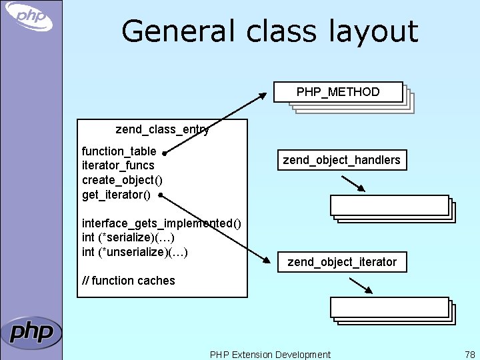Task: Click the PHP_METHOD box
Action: (338, 92)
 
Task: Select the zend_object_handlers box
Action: (341, 160)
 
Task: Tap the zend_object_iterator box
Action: (341, 262)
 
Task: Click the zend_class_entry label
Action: (162, 129)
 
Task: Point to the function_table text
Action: (119, 151)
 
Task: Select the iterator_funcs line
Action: (118, 165)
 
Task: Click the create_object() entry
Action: (122, 180)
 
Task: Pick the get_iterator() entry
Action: (116, 195)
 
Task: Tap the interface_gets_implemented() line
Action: (161, 223)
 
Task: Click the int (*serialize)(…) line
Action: (128, 237)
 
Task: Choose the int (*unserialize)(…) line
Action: (135, 252)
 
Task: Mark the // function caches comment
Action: (128, 281)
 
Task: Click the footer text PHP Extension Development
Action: (270, 355)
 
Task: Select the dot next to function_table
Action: (164, 152)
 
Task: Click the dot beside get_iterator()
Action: (161, 195)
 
